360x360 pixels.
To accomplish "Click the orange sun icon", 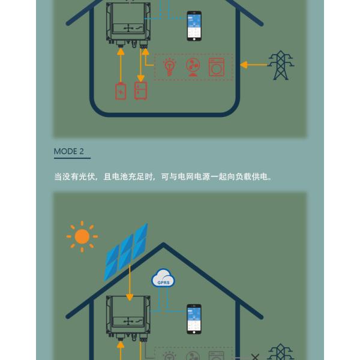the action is (x=82, y=237).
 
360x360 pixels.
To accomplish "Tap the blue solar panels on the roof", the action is (x=125, y=251).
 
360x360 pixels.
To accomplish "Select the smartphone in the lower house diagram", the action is (x=194, y=319).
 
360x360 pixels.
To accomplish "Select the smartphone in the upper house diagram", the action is (x=194, y=26).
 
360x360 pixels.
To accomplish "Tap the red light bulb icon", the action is (x=170, y=67).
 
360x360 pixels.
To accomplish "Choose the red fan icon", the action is (x=193, y=67).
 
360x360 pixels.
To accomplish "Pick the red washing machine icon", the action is (x=217, y=67).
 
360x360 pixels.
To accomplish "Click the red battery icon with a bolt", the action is (x=121, y=91).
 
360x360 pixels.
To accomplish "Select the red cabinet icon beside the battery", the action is (x=141, y=91).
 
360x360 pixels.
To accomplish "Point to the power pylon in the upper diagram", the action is (x=280, y=65).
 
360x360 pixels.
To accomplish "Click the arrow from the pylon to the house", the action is (x=253, y=65).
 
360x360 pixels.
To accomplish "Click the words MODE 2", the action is (x=69, y=151).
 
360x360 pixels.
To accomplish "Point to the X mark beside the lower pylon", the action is (x=255, y=357).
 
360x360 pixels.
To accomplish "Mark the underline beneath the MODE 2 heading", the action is (x=72, y=158).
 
